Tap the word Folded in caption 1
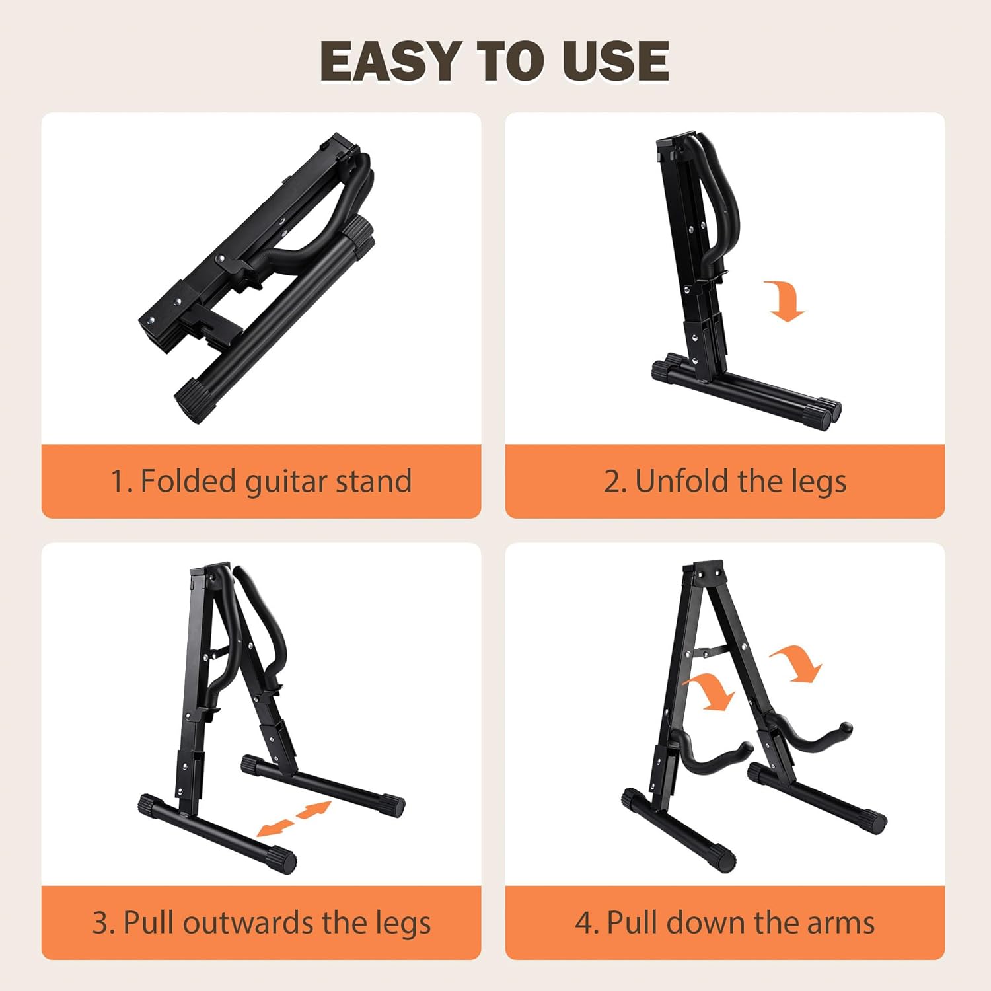(x=186, y=480)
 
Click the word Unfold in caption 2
(x=680, y=480)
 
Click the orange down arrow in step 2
(x=785, y=301)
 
